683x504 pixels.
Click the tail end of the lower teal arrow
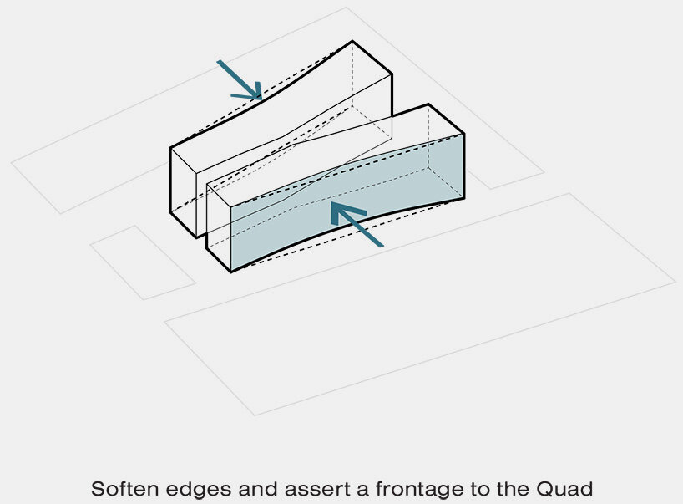[x=382, y=245]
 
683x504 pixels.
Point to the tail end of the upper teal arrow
[x=219, y=62]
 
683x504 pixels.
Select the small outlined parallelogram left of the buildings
[x=143, y=262]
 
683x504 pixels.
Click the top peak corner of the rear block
[x=352, y=42]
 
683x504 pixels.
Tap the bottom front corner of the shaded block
[x=230, y=272]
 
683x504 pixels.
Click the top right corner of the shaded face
[x=463, y=134]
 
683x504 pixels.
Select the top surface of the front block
[x=334, y=150]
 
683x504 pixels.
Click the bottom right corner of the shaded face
[x=463, y=199]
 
